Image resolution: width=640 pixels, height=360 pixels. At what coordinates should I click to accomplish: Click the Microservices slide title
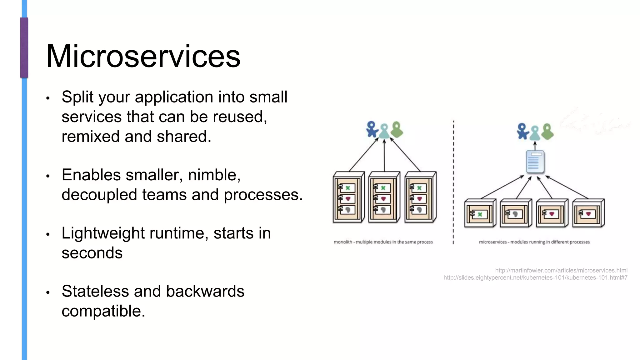click(x=143, y=56)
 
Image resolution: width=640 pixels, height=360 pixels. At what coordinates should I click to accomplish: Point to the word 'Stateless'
click(x=95, y=291)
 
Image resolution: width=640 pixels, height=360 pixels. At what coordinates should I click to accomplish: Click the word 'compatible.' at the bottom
click(x=103, y=311)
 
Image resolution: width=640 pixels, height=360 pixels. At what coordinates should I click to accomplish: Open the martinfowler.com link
click(x=561, y=270)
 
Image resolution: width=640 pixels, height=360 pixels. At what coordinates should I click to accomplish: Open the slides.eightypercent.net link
click(x=535, y=277)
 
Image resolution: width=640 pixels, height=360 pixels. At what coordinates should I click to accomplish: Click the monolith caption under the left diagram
click(x=383, y=242)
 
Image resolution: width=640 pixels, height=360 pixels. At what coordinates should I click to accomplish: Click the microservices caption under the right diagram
click(x=534, y=242)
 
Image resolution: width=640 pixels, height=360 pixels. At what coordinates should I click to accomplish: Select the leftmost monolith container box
click(x=348, y=197)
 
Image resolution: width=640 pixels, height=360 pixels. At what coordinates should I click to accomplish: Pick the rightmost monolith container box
click(x=420, y=197)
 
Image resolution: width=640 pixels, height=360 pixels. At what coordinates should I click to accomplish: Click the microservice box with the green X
click(x=480, y=213)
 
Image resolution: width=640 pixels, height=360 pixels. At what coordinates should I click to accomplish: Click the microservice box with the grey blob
click(x=516, y=213)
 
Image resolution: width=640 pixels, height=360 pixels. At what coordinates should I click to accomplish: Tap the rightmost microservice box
click(x=588, y=213)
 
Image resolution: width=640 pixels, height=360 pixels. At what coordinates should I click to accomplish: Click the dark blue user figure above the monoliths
click(x=372, y=129)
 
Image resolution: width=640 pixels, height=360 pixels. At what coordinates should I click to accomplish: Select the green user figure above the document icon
click(x=547, y=132)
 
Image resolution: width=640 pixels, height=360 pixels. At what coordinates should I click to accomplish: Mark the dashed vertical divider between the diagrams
click(x=453, y=181)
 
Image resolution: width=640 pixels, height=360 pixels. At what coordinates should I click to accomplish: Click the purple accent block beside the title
click(x=24, y=47)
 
